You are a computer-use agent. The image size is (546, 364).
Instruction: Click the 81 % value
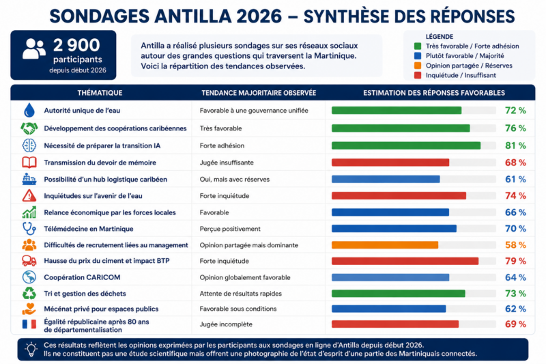pos(515,145)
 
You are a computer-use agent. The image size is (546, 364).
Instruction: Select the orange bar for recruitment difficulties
pos(385,245)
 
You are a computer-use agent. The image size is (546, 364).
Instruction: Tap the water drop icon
pos(29,110)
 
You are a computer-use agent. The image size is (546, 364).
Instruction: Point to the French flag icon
pos(29,324)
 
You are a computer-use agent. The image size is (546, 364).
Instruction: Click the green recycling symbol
pos(29,293)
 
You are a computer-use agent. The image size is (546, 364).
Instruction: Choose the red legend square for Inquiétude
pos(418,75)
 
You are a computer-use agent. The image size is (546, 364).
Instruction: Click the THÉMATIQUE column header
pos(100,93)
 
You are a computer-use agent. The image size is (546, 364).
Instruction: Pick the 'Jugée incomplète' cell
pos(226,324)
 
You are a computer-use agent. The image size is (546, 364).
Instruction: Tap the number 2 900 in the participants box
pos(76,45)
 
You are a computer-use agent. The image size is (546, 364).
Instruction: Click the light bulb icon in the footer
pos(31,350)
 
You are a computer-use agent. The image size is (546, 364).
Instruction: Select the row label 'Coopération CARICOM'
pos(82,278)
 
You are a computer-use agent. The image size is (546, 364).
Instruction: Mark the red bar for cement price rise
pos(405,262)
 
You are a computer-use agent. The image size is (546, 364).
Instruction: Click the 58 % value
pos(515,245)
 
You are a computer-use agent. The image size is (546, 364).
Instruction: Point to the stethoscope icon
pos(29,229)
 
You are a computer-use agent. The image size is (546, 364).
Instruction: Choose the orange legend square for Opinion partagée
pos(418,66)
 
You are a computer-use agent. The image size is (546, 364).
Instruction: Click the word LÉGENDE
pos(440,37)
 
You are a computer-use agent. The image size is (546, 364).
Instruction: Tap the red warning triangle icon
pos(29,196)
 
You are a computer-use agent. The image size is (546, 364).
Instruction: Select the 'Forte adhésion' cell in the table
pos(222,145)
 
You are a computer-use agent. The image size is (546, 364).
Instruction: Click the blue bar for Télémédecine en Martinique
pos(394,229)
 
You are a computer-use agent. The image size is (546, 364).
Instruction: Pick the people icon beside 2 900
pos(33,48)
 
